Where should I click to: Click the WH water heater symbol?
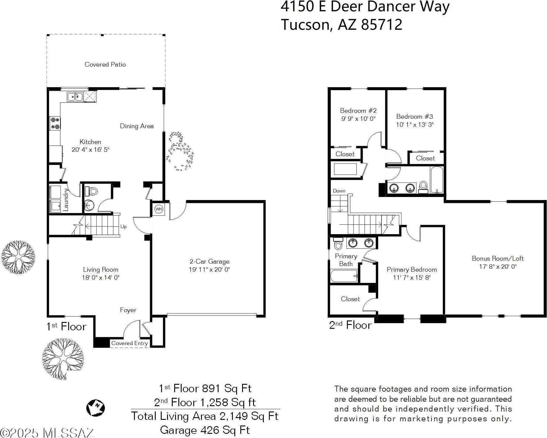click(x=159, y=209)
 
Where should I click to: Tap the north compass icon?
click(x=96, y=408)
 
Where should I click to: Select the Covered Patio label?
click(x=105, y=64)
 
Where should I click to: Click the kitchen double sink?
click(x=75, y=97)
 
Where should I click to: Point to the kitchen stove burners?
click(x=55, y=123)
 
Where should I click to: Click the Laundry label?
click(x=66, y=200)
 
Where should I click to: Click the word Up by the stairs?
click(x=124, y=227)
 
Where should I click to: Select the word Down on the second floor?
click(x=339, y=191)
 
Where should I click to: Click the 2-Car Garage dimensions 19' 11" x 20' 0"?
click(x=209, y=270)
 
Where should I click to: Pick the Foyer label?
click(x=128, y=310)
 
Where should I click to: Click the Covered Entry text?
click(x=130, y=343)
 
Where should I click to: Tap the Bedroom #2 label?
click(x=358, y=111)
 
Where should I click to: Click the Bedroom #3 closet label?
click(x=425, y=158)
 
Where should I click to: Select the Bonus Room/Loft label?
click(x=498, y=259)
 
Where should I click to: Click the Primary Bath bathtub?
click(x=344, y=276)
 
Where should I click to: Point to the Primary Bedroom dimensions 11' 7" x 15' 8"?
click(x=412, y=278)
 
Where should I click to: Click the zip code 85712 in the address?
click(x=382, y=24)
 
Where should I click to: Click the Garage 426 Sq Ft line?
click(x=205, y=430)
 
